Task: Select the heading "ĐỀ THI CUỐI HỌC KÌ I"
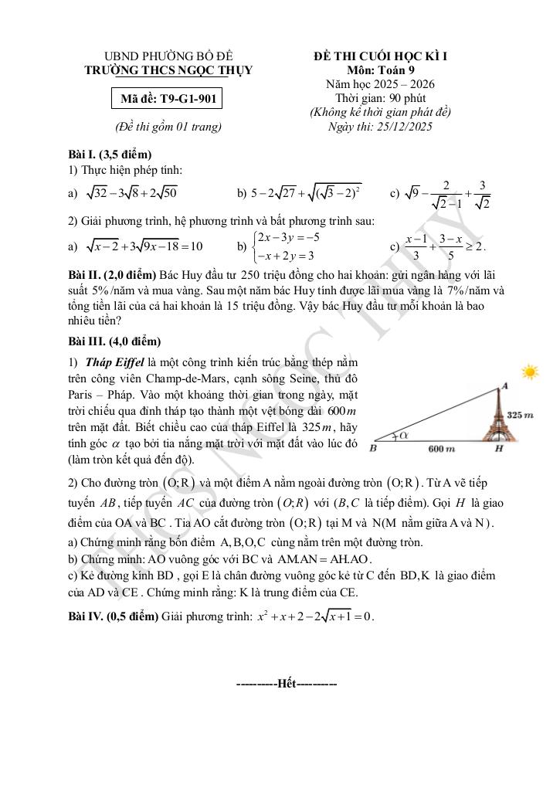[381, 57]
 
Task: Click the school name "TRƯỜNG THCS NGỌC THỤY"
[168, 70]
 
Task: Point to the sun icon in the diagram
[530, 372]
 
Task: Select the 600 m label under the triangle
[441, 449]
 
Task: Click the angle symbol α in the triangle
[404, 436]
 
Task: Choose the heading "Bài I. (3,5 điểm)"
[110, 154]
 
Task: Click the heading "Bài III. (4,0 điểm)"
[114, 341]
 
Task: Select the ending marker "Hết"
[287, 684]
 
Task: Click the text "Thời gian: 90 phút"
[380, 99]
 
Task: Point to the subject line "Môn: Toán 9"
[380, 71]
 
